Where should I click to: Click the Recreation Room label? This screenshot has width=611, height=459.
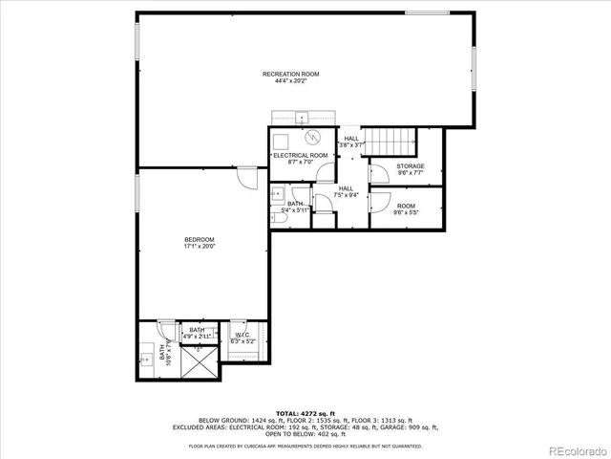pos(291,77)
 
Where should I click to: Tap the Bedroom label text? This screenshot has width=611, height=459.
pos(199,243)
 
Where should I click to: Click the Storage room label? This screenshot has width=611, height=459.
pos(411,170)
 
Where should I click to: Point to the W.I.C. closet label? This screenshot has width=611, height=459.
pos(242,338)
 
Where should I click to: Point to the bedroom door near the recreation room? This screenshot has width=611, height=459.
pos(246,178)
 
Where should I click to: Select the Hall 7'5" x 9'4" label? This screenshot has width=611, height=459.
pos(346,192)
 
